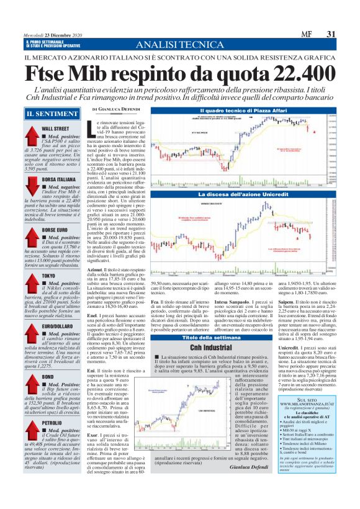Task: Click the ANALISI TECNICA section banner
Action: (180, 45)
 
